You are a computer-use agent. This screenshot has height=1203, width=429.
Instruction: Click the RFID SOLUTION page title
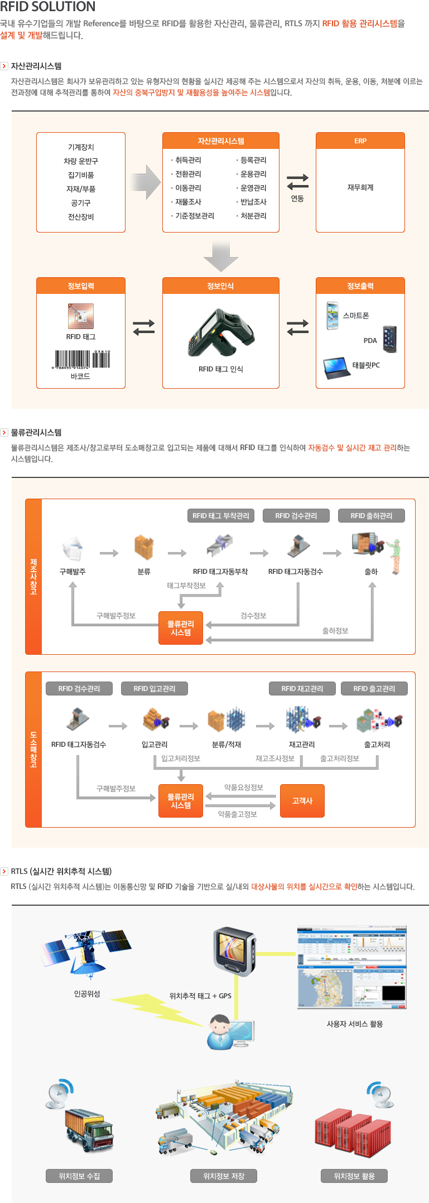click(x=48, y=7)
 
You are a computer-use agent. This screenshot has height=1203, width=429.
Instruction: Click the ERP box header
click(x=360, y=141)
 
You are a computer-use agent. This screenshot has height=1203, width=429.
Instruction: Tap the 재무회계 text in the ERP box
click(x=360, y=187)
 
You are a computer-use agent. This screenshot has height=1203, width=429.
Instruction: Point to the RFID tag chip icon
click(x=81, y=316)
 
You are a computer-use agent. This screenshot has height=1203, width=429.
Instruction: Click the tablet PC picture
click(x=336, y=367)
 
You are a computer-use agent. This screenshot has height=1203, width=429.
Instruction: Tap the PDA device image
click(x=389, y=339)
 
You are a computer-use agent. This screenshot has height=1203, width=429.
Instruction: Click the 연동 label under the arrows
click(x=297, y=199)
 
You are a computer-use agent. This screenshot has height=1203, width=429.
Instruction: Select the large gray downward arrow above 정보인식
click(x=221, y=256)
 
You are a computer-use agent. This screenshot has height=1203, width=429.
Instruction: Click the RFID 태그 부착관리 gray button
click(x=220, y=516)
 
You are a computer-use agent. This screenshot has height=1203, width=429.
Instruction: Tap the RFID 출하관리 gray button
click(x=371, y=516)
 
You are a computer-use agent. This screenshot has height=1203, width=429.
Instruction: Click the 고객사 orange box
click(x=302, y=801)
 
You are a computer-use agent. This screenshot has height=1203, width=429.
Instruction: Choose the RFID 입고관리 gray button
click(x=154, y=689)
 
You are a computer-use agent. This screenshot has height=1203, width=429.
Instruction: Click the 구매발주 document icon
click(x=73, y=549)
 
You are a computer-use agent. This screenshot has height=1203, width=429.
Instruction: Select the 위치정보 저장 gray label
click(x=224, y=1176)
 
